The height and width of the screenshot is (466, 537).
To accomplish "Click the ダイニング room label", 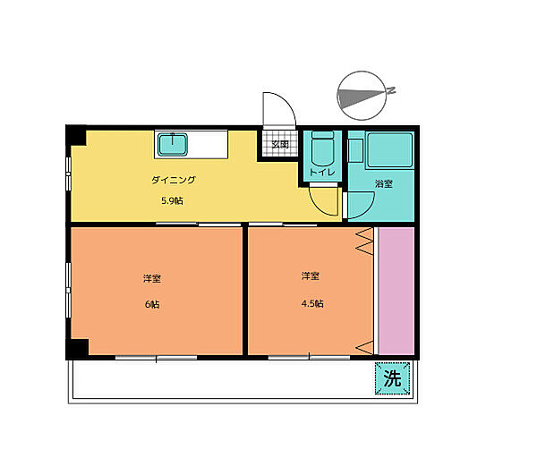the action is (174, 180).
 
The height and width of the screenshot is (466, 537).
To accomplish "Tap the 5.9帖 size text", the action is (172, 201).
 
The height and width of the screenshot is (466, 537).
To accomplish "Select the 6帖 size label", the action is (152, 304).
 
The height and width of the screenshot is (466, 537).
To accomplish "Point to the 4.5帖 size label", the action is (312, 303).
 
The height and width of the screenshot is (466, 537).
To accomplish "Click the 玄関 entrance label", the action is (280, 144).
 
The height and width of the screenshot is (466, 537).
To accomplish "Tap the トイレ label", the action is (322, 172).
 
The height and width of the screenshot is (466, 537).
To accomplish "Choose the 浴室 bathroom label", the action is (384, 183).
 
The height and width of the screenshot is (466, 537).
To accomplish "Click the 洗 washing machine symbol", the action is (392, 378).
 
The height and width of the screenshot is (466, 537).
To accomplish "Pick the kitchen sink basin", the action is (172, 145).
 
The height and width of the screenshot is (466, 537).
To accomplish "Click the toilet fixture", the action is (322, 148).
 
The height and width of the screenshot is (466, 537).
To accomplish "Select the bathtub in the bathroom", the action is (390, 150).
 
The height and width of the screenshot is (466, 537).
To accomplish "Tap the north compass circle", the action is (362, 96).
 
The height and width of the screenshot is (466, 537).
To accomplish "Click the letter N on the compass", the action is (391, 90).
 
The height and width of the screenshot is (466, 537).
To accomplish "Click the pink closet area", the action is (396, 291).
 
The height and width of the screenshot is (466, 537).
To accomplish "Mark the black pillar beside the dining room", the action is (76, 135).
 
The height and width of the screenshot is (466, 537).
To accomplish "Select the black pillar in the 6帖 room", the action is (77, 349).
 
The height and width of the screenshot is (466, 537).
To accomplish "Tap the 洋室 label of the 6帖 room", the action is (152, 278).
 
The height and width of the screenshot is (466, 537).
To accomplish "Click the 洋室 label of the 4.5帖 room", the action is (311, 275).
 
